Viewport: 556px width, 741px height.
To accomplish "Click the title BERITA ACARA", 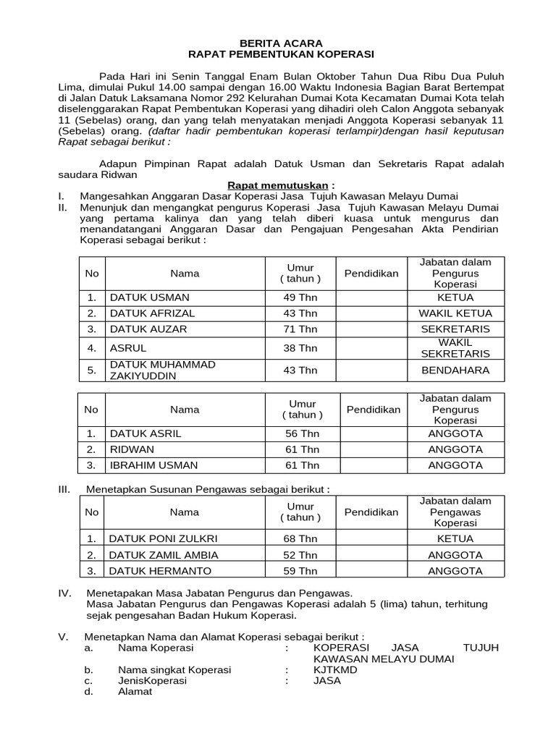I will (281, 43).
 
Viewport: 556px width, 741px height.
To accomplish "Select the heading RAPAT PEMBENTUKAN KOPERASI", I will (281, 54).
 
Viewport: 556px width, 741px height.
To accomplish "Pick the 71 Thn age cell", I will (300, 329).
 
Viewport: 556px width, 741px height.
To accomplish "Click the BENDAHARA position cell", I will (455, 370).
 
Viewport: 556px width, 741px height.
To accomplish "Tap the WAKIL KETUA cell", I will (455, 313).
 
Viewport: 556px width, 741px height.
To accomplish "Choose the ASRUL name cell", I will (128, 348).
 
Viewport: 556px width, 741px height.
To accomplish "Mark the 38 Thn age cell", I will (300, 348).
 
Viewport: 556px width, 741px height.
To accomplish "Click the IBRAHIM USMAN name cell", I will (153, 465).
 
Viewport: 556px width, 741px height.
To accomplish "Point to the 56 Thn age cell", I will (302, 433).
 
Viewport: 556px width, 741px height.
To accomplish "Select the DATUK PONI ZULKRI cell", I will (163, 538).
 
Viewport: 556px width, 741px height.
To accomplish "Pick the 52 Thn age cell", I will (300, 555).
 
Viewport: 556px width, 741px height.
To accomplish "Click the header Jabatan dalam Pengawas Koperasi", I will (455, 512).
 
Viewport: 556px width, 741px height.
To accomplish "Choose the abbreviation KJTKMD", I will (335, 670).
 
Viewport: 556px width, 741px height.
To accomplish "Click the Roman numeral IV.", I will (64, 593).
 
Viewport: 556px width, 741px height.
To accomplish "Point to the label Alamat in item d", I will (135, 692).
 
